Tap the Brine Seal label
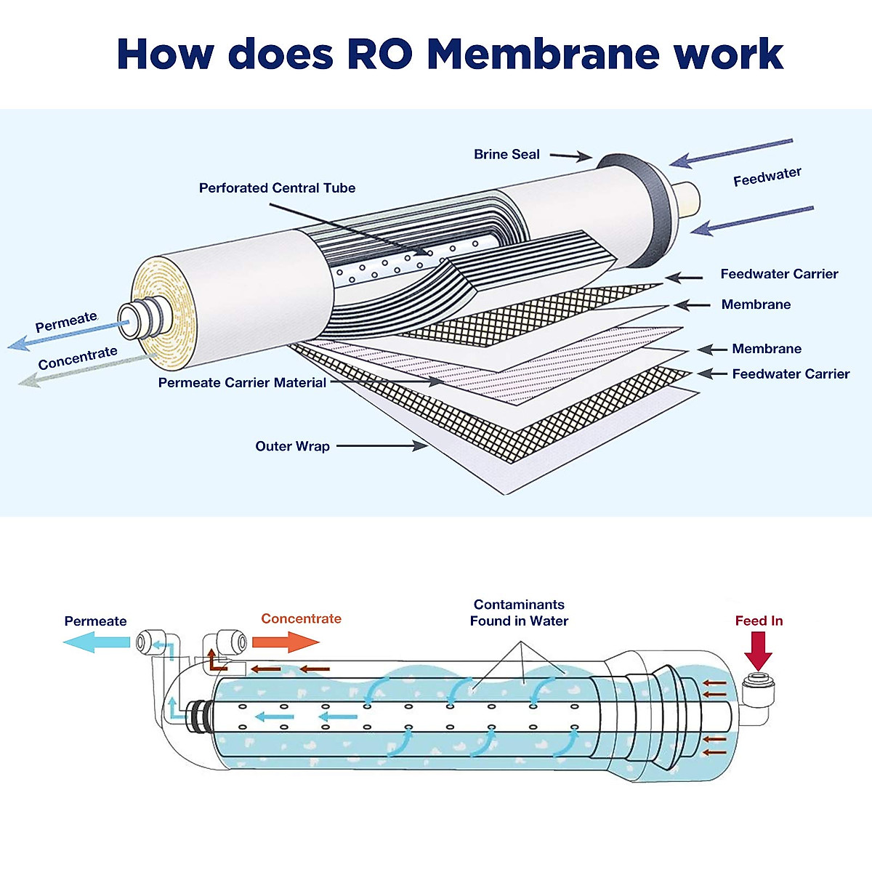(x=506, y=154)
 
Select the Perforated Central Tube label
(x=277, y=187)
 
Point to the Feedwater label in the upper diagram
(x=767, y=177)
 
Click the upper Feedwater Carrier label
(x=779, y=274)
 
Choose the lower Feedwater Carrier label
(x=791, y=374)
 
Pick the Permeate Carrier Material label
(x=242, y=382)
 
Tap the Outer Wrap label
(x=292, y=446)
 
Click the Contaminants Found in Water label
(x=519, y=613)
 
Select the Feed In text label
(x=759, y=621)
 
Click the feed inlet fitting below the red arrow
(x=758, y=683)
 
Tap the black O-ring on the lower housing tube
(x=198, y=718)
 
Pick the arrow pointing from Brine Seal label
(x=570, y=156)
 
